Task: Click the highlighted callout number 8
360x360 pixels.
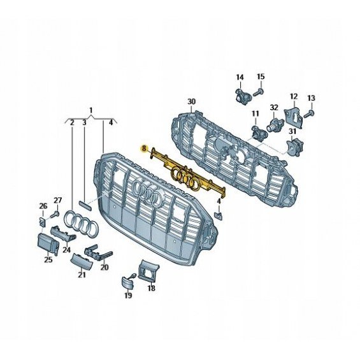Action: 144,148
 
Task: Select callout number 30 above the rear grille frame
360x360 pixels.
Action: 191,101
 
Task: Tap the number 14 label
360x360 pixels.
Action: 240,77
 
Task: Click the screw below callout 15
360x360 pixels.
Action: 258,93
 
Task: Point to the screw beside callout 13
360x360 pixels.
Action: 309,114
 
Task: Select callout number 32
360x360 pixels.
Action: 274,108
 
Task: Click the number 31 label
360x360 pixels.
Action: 292,131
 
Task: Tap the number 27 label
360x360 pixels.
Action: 58,201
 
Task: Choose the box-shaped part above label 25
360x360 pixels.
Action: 48,243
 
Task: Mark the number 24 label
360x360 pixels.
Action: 66,250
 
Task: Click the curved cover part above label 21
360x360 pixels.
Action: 82,261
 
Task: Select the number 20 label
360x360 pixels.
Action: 104,267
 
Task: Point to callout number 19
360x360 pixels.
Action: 128,295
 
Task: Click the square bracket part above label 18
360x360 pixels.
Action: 148,270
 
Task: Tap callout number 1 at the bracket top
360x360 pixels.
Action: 91,110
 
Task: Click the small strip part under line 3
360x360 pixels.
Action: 85,205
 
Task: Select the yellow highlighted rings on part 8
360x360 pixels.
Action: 185,178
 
